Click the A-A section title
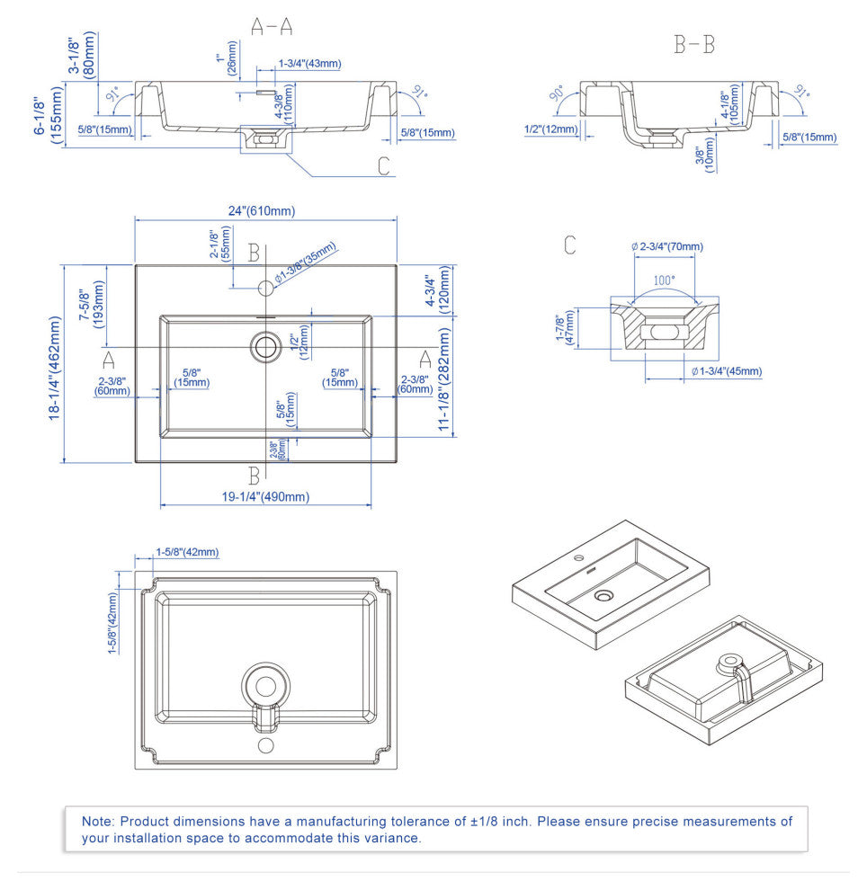272,27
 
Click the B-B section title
694,45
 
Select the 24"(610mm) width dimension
261,211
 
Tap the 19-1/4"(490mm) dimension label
266,497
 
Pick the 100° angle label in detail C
664,280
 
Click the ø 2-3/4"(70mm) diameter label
667,246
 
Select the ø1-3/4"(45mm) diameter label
726,371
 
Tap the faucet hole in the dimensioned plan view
266,289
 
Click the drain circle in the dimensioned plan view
266,346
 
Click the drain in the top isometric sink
603,595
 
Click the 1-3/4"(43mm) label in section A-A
310,64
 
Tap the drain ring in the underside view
265,686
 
